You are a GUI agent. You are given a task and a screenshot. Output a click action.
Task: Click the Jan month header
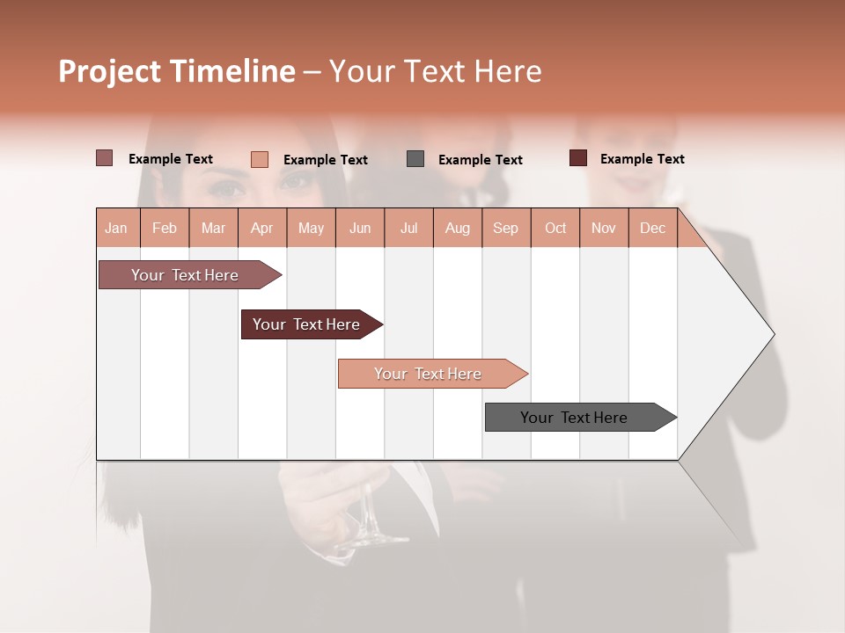pyautogui.click(x=116, y=228)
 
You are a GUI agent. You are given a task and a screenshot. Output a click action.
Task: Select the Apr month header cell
pyautogui.click(x=262, y=228)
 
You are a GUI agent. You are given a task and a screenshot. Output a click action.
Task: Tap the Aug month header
pyautogui.click(x=457, y=228)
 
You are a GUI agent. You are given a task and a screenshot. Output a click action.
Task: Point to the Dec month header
pyautogui.click(x=652, y=228)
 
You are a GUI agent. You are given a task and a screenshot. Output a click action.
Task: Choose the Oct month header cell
pyautogui.click(x=555, y=228)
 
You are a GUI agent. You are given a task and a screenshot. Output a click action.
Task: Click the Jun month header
pyautogui.click(x=360, y=228)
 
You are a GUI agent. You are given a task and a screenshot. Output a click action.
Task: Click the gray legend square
pyautogui.click(x=415, y=159)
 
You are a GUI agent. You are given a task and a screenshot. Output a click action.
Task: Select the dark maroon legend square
pyautogui.click(x=577, y=158)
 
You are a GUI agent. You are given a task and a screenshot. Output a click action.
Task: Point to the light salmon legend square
pyautogui.click(x=260, y=159)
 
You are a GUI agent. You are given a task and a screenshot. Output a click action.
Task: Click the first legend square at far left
pyautogui.click(x=104, y=158)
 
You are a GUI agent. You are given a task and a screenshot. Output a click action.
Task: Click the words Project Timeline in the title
pyautogui.click(x=176, y=71)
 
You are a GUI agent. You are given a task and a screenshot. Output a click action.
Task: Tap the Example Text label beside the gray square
pyautogui.click(x=481, y=160)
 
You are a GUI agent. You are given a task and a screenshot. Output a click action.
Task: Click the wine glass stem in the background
pyautogui.click(x=366, y=519)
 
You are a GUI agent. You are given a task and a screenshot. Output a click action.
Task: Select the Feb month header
pyautogui.click(x=165, y=228)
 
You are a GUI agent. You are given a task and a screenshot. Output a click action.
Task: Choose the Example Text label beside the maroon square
pyautogui.click(x=643, y=159)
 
